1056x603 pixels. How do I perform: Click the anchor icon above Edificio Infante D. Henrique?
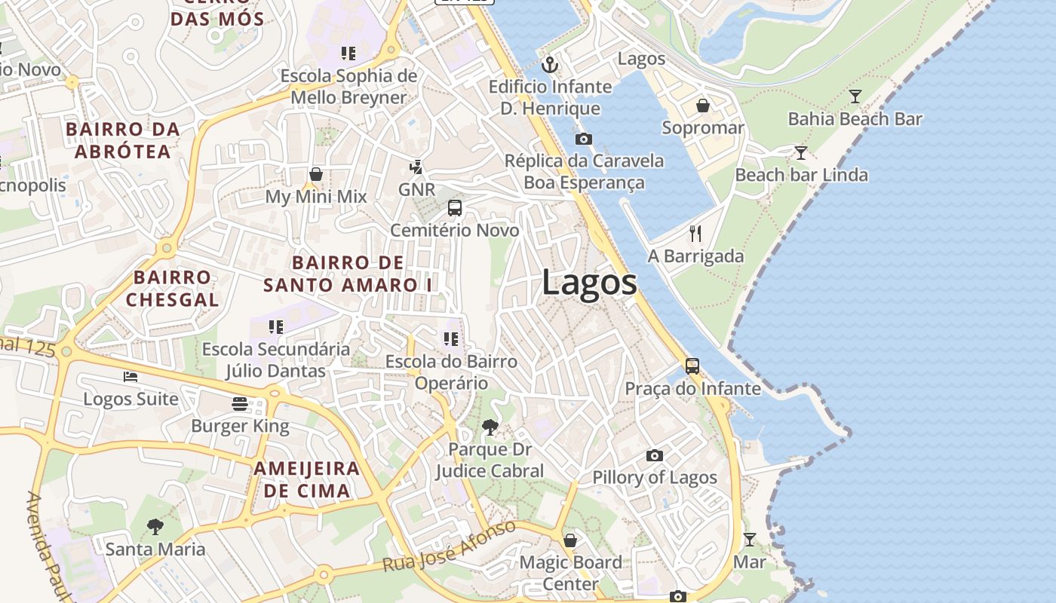pos(551,65)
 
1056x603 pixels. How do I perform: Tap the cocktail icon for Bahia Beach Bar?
pos(855,96)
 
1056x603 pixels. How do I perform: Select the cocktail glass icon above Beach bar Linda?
pos(801,153)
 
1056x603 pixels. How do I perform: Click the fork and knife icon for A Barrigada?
pos(695,234)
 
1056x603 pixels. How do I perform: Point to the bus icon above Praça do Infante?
pos(692,366)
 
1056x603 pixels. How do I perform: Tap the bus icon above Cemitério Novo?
pos(455,208)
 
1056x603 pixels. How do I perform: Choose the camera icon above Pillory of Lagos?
pos(655,455)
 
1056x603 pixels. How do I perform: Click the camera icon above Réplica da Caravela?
pos(584,139)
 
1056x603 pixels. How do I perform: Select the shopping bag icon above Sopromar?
pos(703,106)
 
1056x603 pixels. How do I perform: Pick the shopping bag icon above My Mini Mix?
pos(316,175)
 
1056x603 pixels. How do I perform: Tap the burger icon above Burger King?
pos(240,404)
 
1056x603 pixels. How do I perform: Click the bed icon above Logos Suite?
pos(130,377)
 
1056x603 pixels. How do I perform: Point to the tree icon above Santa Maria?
pos(155,526)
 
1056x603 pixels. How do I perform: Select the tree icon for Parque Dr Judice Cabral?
pos(490,427)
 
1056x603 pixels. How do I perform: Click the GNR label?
pos(417,189)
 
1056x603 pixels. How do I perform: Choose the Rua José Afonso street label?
pos(449,546)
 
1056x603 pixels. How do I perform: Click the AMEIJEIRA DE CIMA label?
pos(306,479)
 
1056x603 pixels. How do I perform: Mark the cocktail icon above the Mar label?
pos(750,540)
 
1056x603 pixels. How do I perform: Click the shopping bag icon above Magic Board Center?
pos(571,540)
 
